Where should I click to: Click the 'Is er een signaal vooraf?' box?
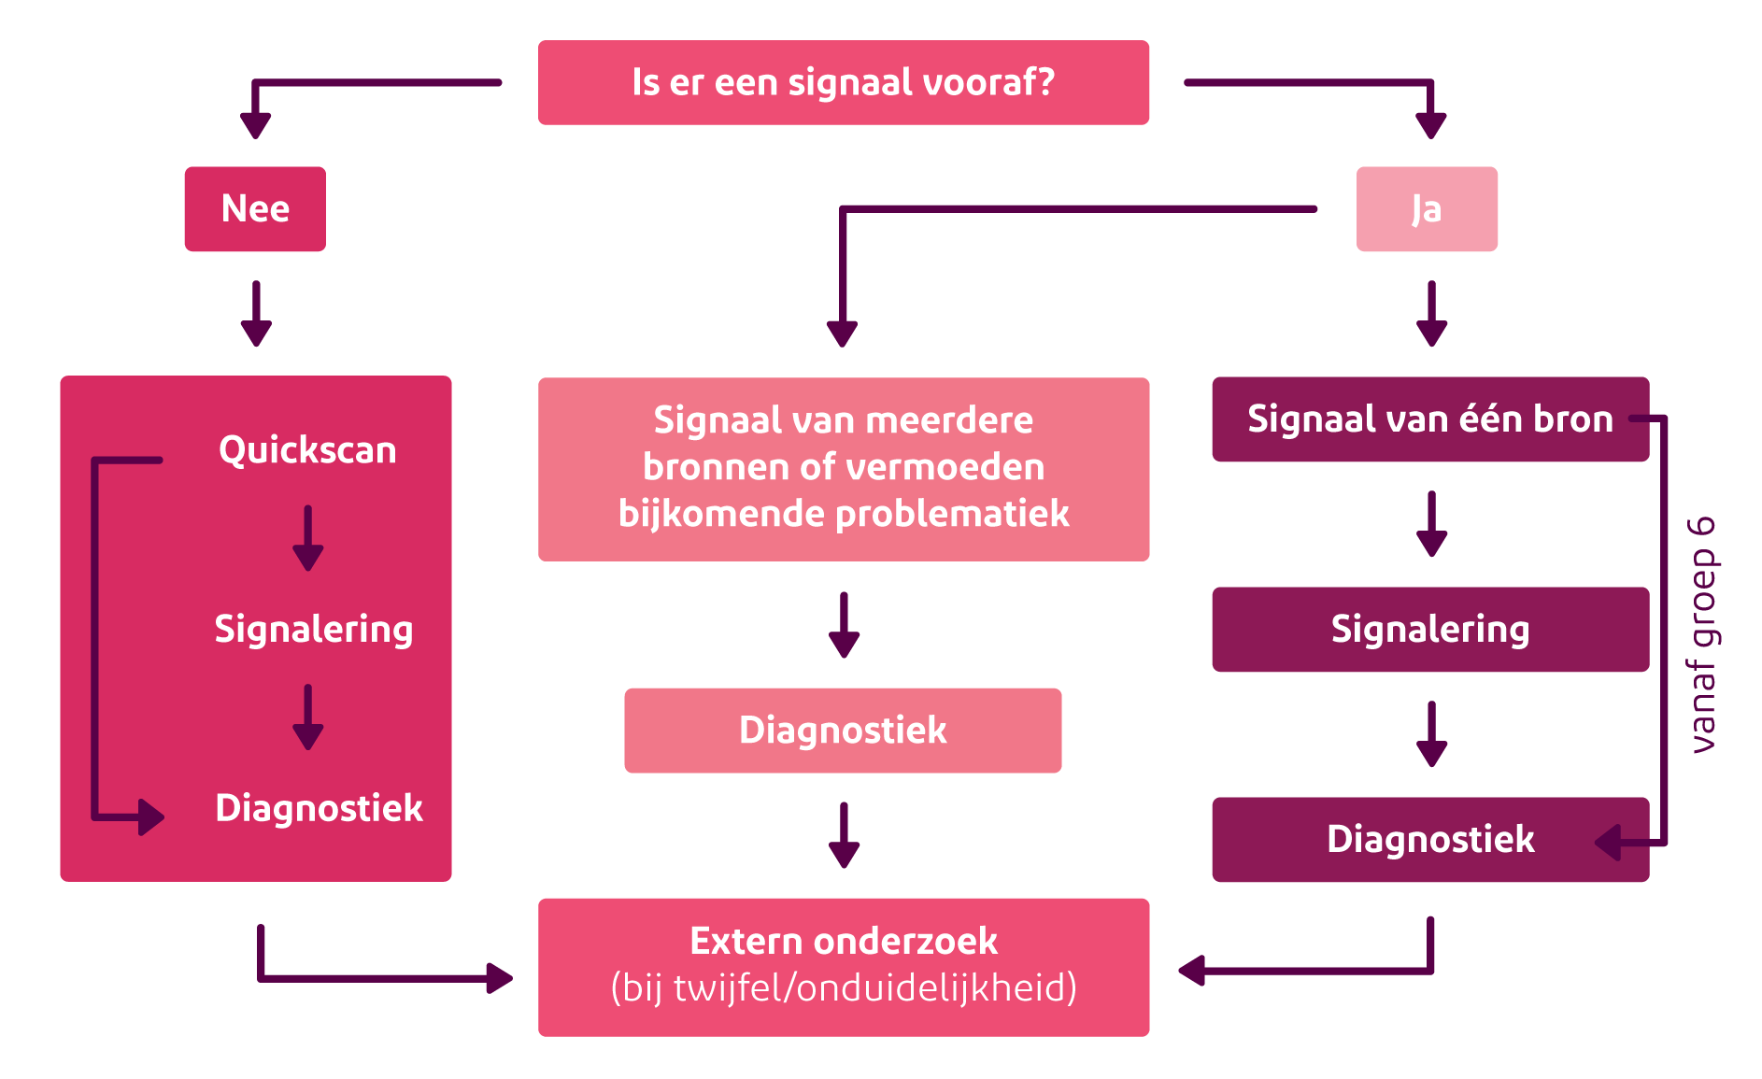pyautogui.click(x=844, y=82)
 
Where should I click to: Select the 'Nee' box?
pyautogui.click(x=255, y=208)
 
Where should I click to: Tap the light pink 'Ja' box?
pyautogui.click(x=1427, y=208)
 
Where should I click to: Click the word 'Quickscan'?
pyautogui.click(x=307, y=450)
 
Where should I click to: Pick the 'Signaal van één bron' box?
pyautogui.click(x=1429, y=419)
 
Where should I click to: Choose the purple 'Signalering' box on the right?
pyautogui.click(x=1429, y=629)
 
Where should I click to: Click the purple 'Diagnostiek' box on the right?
pyautogui.click(x=1429, y=839)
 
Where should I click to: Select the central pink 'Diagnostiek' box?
pyautogui.click(x=843, y=730)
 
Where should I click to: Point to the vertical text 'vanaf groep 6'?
pyautogui.click(x=1703, y=634)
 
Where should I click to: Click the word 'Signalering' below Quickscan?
pyautogui.click(x=314, y=629)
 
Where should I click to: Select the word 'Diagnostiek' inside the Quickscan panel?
pyautogui.click(x=319, y=808)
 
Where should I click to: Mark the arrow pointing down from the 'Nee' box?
pyautogui.click(x=256, y=314)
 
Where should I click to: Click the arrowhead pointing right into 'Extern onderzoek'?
pyautogui.click(x=500, y=978)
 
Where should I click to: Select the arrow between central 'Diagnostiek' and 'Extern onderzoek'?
pyautogui.click(x=844, y=834)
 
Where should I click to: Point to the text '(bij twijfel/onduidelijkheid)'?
pyautogui.click(x=844, y=988)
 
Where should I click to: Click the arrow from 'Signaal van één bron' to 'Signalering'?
pyautogui.click(x=1431, y=524)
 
